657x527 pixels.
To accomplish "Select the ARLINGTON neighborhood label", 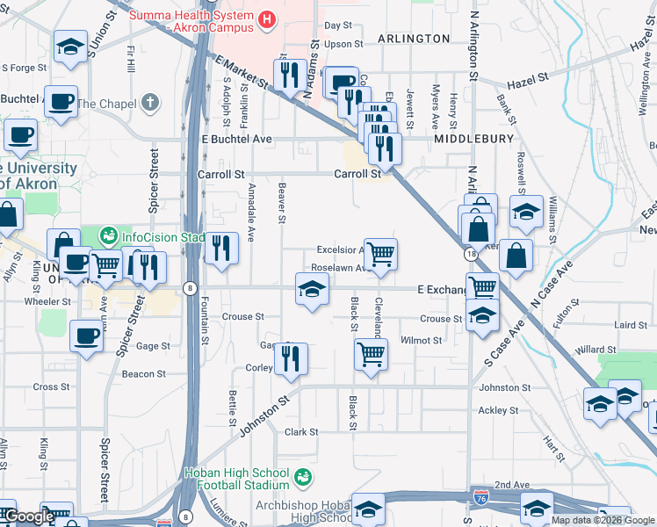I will pyautogui.click(x=414, y=39).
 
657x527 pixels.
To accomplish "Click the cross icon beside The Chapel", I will pyautogui.click(x=150, y=104).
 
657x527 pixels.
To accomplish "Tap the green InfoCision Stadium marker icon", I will pyautogui.click(x=108, y=235).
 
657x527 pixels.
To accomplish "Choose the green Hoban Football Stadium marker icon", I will pyautogui.click(x=304, y=477).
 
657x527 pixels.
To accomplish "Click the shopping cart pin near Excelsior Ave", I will pyautogui.click(x=380, y=255).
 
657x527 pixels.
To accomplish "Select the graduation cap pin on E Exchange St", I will pyautogui.click(x=311, y=289).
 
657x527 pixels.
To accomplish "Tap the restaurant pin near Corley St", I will pyautogui.click(x=291, y=358).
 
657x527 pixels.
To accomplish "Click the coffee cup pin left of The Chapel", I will pyautogui.click(x=61, y=102).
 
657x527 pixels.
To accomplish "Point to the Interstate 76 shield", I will pyautogui.click(x=480, y=496).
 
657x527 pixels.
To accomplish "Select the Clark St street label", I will pyautogui.click(x=300, y=432).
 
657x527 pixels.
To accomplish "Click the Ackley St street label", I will pyautogui.click(x=498, y=410).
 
